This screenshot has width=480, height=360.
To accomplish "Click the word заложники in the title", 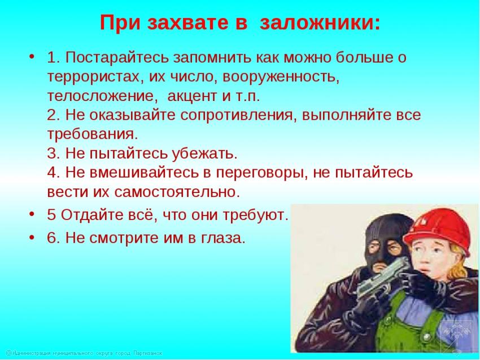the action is pos(320,23).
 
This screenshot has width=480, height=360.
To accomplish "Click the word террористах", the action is pos(93,77).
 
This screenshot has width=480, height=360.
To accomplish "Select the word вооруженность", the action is pos(281,77).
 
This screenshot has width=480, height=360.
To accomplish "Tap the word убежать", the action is pos(204,153).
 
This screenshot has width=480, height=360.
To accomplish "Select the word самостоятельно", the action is pos(177,192).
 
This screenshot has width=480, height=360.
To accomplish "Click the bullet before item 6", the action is pos(32,238).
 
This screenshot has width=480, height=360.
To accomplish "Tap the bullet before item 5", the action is pos(32,215).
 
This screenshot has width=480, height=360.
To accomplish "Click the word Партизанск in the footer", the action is pos(148,353).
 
